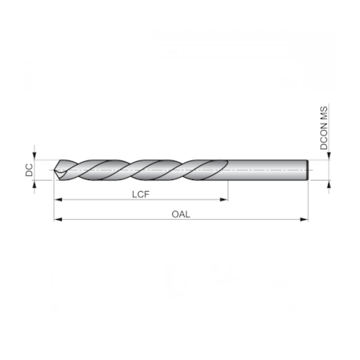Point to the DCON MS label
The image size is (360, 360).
coord(322,128)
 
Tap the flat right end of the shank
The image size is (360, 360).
coord(308,170)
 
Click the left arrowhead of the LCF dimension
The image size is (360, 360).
coord(57,200)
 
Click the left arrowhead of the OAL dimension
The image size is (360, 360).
coord(57,220)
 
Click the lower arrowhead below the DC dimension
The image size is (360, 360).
coord(35,184)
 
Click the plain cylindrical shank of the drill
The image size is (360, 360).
coord(266,170)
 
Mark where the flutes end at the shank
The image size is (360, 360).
coord(227,170)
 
